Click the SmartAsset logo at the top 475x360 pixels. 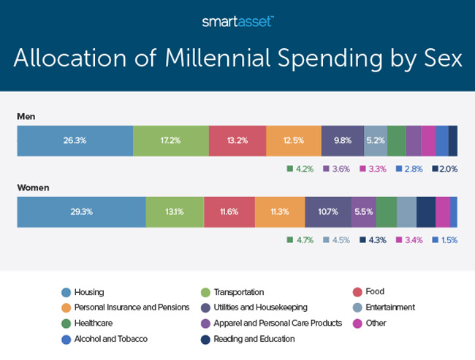click(x=237, y=22)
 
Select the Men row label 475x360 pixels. click(x=27, y=115)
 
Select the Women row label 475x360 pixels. click(x=34, y=187)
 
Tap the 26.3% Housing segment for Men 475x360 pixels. click(x=75, y=140)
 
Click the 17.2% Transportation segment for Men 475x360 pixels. click(x=170, y=140)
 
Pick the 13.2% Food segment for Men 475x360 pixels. click(x=237, y=140)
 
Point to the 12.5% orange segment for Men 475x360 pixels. click(x=293, y=140)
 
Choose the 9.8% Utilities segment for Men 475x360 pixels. click(x=342, y=140)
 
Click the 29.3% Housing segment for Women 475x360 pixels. click(x=81, y=212)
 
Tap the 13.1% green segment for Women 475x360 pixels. click(x=175, y=212)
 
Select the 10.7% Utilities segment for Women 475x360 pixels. click(x=328, y=212)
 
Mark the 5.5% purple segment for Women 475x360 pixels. click(x=363, y=212)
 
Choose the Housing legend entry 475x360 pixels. click(x=88, y=291)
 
